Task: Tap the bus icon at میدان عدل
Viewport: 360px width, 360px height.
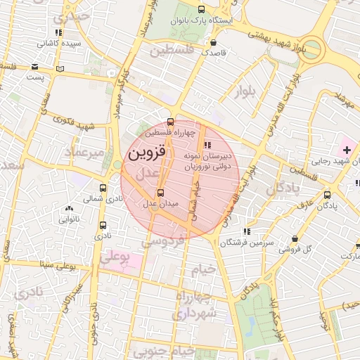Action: coord(161,193)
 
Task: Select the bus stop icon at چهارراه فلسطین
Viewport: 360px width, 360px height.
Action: coord(169,121)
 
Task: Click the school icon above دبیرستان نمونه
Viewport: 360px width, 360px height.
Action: coord(205,144)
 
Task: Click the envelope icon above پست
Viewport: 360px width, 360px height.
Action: coord(34,67)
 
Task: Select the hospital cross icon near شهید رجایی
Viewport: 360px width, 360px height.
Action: coord(347,150)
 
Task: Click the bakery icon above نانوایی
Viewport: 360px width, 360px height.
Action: coord(68,208)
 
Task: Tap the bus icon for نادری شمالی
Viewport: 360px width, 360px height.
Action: coord(103,188)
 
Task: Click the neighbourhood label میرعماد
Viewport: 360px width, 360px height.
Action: coord(84,152)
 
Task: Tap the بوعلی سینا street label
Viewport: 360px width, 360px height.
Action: coord(47,265)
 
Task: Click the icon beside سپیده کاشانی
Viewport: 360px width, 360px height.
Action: coord(58,32)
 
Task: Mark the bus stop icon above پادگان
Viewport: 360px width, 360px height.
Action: coord(327,195)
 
